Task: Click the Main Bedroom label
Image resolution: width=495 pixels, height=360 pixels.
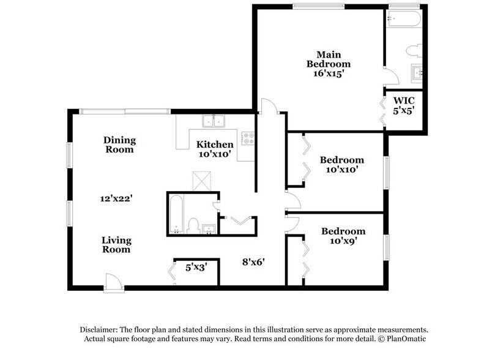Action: [329, 58]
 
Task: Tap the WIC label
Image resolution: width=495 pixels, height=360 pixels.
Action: [404, 100]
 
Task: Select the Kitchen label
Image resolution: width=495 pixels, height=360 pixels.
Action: [214, 144]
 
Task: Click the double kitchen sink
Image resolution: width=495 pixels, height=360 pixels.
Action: [214, 121]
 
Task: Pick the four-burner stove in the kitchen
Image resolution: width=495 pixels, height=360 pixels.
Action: [248, 139]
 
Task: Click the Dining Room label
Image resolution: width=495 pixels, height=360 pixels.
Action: [119, 144]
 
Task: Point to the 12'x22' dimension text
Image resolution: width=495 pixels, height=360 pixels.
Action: [117, 198]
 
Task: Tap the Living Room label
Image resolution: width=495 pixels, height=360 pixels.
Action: [116, 245]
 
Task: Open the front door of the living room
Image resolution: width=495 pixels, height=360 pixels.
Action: [113, 282]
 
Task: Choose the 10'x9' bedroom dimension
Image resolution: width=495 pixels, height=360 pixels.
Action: [343, 241]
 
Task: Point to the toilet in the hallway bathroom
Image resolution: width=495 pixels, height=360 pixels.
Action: [193, 227]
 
